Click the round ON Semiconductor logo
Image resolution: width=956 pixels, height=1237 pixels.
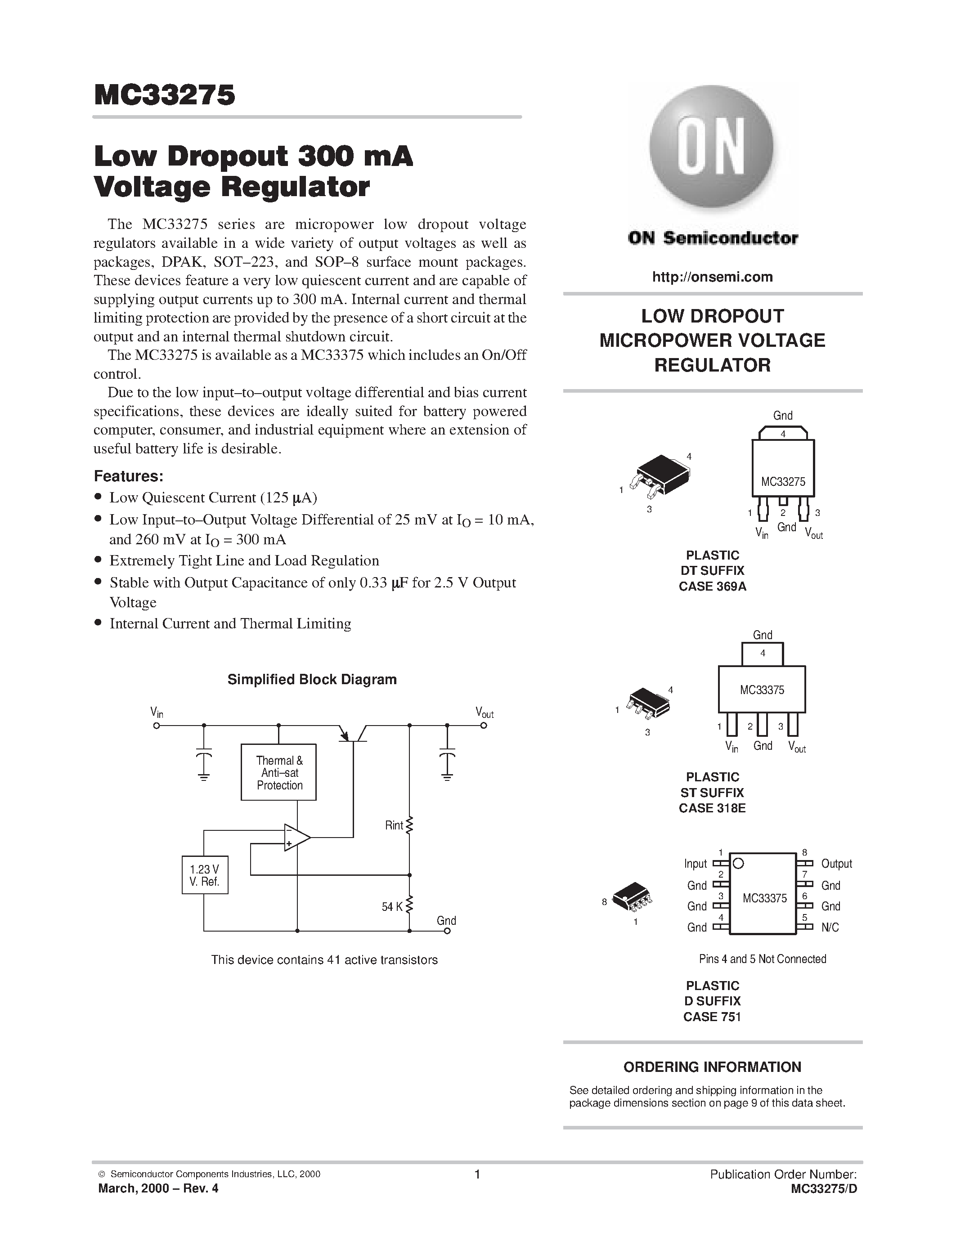point(711,146)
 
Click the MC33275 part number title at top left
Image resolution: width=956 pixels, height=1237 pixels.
point(164,95)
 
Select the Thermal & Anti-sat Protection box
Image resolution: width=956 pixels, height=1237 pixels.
point(278,772)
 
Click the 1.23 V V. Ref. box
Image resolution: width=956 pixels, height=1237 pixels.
point(204,875)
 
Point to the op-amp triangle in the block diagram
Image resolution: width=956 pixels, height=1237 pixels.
point(296,837)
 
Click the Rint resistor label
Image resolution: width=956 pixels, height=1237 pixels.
point(394,825)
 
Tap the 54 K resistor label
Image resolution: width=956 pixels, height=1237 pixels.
point(391,907)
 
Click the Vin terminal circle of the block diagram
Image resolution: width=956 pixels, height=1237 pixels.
point(156,725)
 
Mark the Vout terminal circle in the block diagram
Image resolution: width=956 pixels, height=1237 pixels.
point(484,725)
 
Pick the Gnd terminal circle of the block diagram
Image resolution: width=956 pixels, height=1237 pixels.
point(447,931)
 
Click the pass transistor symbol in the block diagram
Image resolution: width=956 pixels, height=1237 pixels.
point(354,732)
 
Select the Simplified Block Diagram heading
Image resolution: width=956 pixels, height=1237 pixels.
point(312,679)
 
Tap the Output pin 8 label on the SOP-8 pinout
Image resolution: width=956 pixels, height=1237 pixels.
point(836,864)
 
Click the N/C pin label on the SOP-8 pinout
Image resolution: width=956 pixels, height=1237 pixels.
point(830,927)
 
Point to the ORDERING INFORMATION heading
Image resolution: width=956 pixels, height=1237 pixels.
point(712,1067)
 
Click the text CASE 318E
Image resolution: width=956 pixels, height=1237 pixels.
point(712,808)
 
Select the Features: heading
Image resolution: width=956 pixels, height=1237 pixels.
point(129,476)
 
